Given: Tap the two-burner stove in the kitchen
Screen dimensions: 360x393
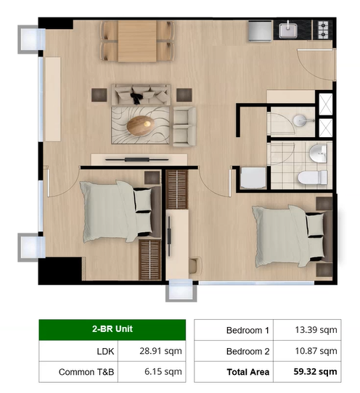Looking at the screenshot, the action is point(323,30).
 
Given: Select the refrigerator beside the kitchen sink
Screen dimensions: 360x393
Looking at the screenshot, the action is point(261,31).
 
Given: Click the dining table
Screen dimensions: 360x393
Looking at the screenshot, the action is point(137,41).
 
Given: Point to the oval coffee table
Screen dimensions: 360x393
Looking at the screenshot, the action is point(141,125).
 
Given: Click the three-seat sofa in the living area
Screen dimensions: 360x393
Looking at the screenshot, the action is point(141,95).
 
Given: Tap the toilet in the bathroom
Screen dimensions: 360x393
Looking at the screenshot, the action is point(312,178).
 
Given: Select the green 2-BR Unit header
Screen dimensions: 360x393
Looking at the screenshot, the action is point(112,329).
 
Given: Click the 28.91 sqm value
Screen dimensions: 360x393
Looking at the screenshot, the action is point(160,351).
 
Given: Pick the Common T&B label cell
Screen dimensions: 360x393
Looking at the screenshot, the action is point(78,372).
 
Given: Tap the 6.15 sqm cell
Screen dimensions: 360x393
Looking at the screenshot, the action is point(152,372).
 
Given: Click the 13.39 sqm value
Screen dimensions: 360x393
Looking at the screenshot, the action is point(316,330).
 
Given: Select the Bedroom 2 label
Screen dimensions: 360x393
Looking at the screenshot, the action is point(247,351).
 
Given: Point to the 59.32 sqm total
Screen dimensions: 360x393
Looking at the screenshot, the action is point(315,371).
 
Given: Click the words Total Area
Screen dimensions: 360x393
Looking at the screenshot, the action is point(247,372).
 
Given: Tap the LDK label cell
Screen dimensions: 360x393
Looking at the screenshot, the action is point(78,351).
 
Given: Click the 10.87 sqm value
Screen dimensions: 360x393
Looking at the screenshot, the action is point(316,351).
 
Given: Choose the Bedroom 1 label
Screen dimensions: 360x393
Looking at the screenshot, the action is point(247,331).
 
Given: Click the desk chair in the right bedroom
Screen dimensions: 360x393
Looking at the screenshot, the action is point(195,265).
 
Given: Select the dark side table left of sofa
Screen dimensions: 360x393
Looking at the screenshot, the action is point(99,95).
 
